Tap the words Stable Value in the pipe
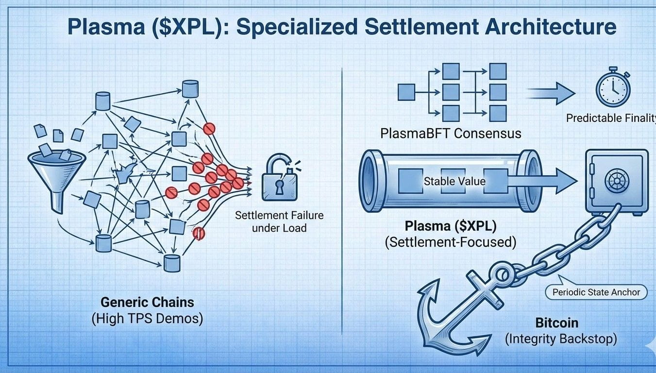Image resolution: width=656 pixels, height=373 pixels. pyautogui.click(x=454, y=181)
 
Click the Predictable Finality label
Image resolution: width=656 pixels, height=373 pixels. pyautogui.click(x=611, y=118)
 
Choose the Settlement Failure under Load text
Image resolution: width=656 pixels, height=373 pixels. pyautogui.click(x=279, y=221)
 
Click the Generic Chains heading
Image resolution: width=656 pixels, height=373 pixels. pyautogui.click(x=147, y=302)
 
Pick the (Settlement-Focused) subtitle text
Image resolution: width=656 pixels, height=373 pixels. pyautogui.click(x=451, y=241)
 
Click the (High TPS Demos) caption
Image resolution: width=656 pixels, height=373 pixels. pyautogui.click(x=147, y=319)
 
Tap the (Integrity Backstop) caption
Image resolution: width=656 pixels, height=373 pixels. pyautogui.click(x=561, y=339)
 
